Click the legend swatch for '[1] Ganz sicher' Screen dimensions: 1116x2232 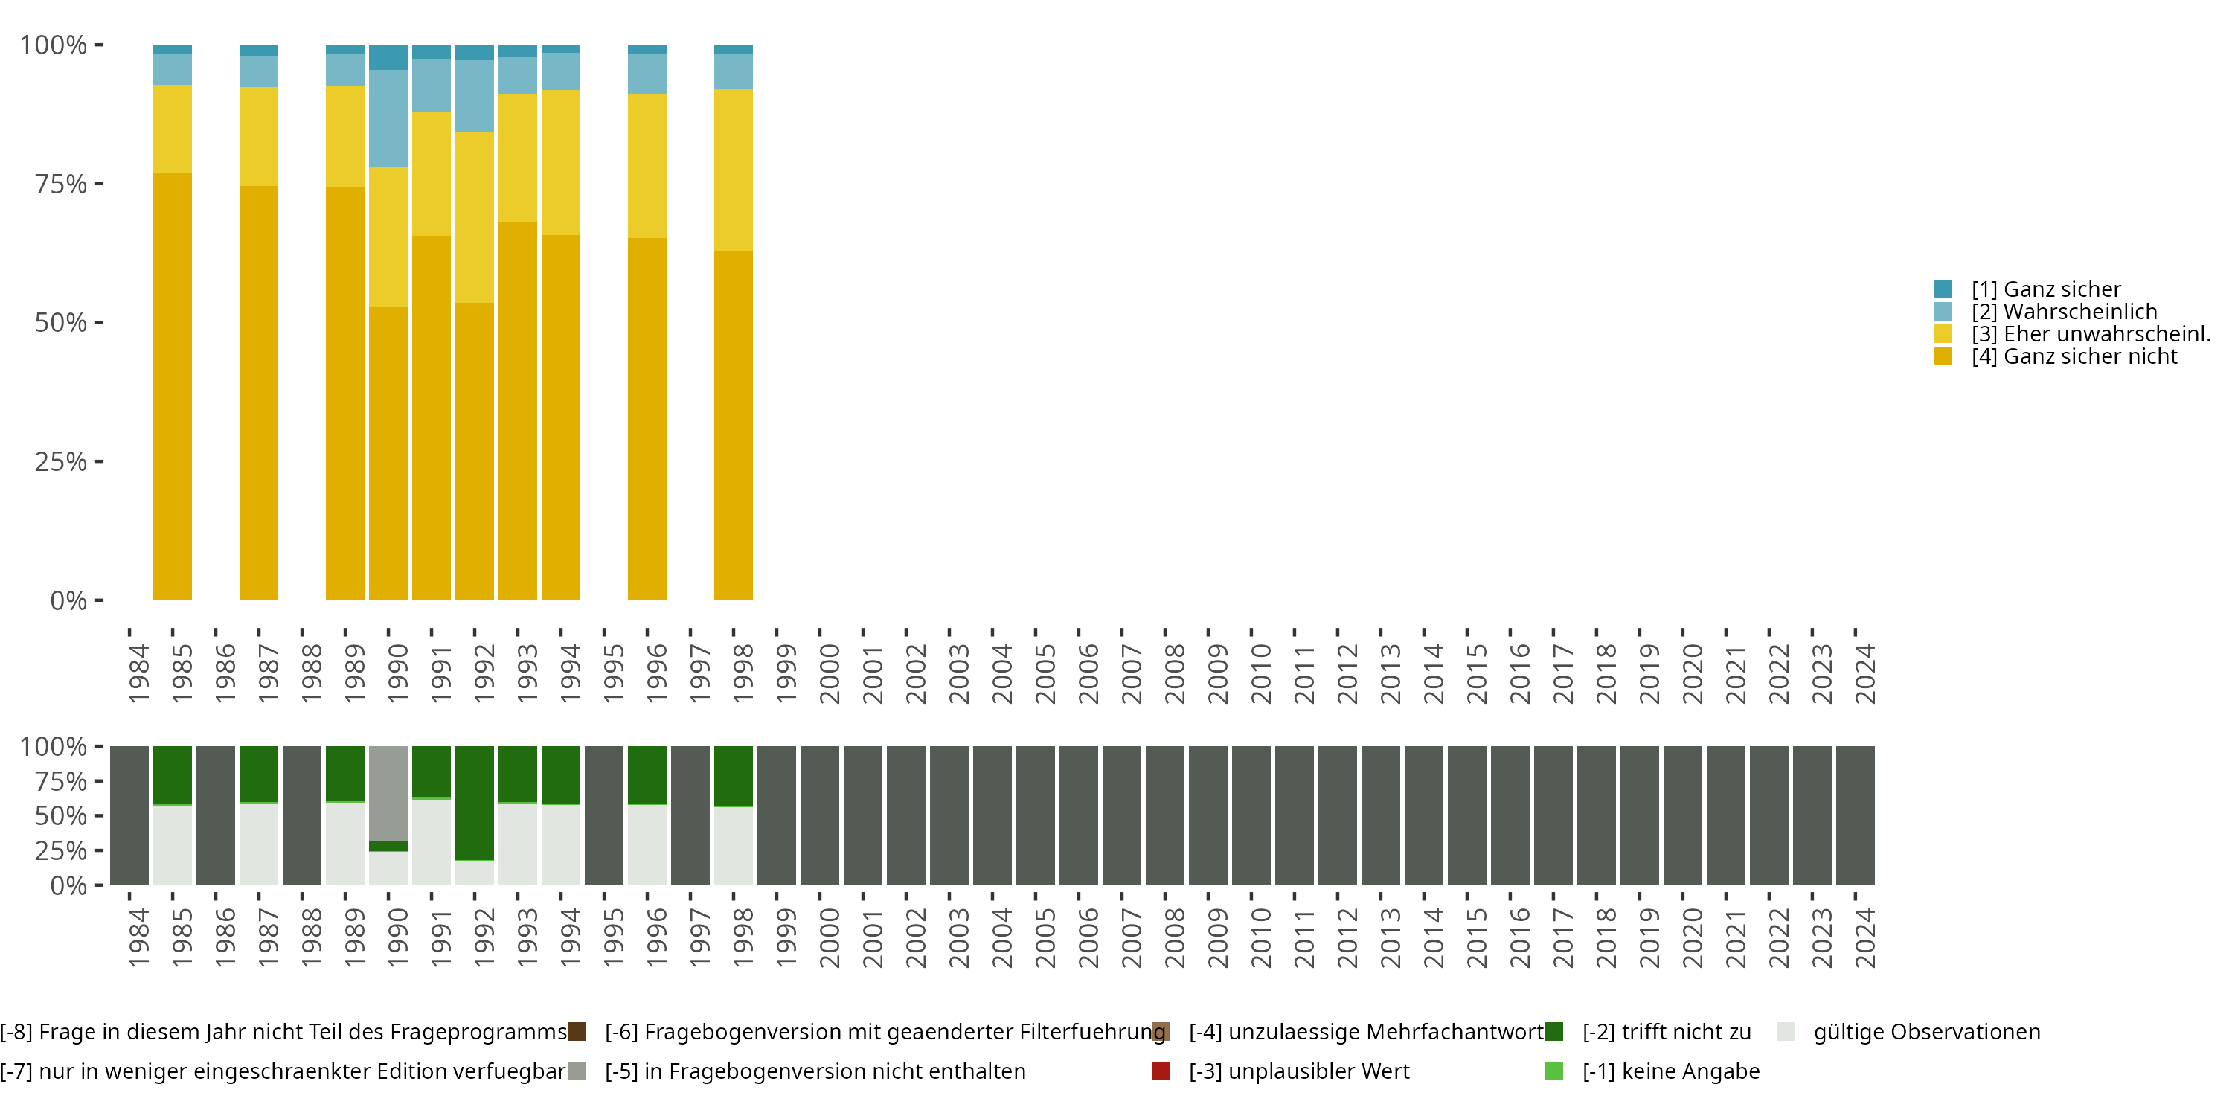click(x=1943, y=289)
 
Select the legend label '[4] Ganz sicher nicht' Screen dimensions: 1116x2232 click(x=2074, y=356)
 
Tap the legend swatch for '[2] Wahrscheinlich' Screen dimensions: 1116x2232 click(x=1943, y=311)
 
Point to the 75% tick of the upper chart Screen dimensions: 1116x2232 click(x=99, y=184)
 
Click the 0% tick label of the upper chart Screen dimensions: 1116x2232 click(x=68, y=600)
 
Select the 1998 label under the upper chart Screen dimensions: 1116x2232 click(x=743, y=673)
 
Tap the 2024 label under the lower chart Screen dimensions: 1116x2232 click(x=1864, y=937)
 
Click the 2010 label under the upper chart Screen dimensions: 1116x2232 click(x=1260, y=673)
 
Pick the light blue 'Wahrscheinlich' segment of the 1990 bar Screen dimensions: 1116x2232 click(x=388, y=118)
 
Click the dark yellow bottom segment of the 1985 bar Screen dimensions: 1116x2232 click(x=173, y=385)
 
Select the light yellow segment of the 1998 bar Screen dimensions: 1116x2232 click(x=733, y=170)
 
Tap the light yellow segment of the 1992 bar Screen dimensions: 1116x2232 click(x=475, y=217)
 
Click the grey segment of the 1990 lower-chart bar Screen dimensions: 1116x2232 click(x=388, y=793)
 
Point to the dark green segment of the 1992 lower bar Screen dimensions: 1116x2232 click(x=475, y=802)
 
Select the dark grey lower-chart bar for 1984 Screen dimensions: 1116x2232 click(x=129, y=815)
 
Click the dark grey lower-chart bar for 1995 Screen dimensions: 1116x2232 click(x=604, y=815)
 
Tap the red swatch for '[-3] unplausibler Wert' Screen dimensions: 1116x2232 click(x=1160, y=1071)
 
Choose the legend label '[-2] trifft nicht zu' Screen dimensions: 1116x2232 click(x=1667, y=1032)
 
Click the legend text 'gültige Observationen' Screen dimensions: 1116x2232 click(x=1926, y=1032)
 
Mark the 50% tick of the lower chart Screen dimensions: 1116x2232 click(x=99, y=815)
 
